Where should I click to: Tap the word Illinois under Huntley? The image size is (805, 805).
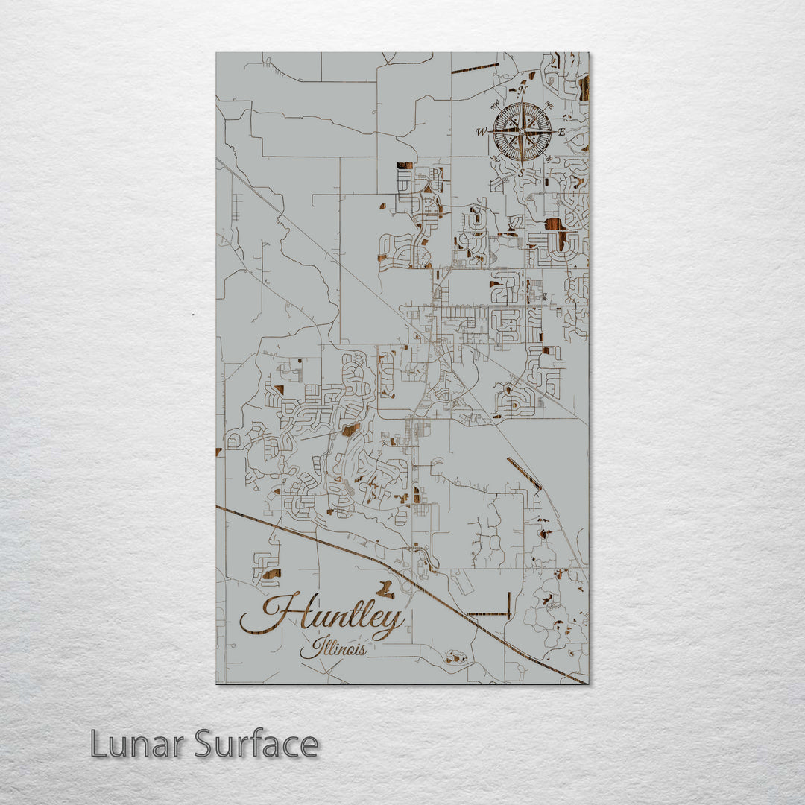click(334, 648)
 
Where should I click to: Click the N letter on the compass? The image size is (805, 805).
click(523, 90)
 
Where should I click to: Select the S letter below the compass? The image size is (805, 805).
click(521, 172)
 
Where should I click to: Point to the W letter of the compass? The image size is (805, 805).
click(482, 133)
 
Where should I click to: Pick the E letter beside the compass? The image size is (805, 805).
click(562, 132)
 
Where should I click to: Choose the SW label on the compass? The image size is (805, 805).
click(495, 159)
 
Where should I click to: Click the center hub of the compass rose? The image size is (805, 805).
click(522, 132)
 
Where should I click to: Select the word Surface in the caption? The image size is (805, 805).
click(256, 745)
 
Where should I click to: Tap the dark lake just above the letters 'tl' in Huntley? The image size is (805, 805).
click(385, 590)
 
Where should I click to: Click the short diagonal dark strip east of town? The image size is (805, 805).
click(524, 473)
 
